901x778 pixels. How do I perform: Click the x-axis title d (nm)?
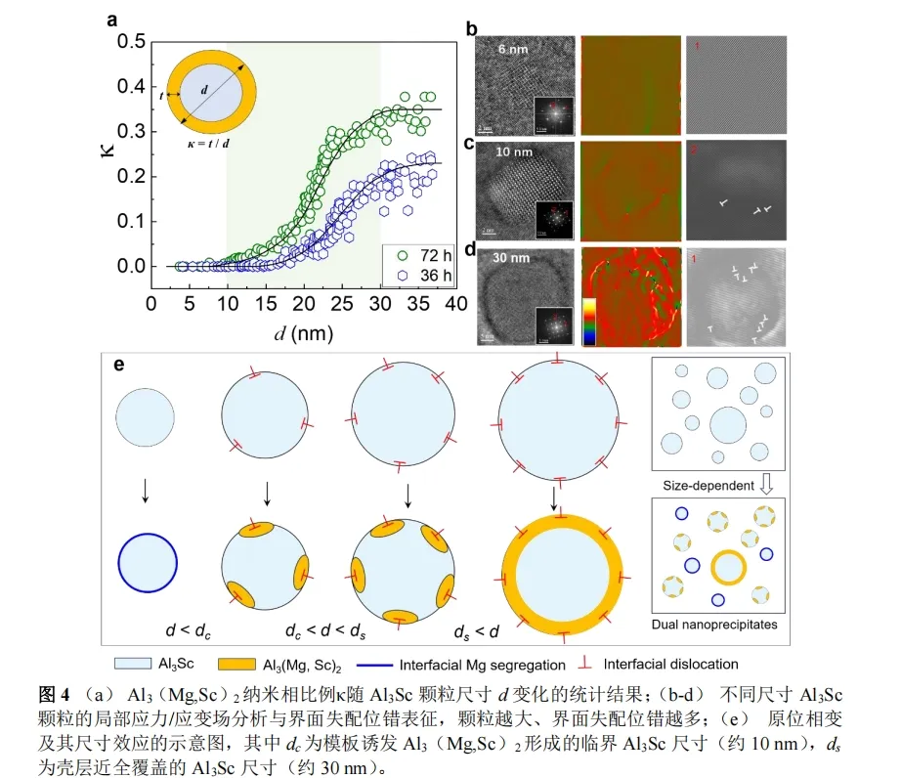click(x=302, y=332)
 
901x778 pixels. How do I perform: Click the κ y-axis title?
click(x=110, y=152)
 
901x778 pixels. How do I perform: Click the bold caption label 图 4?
click(x=55, y=695)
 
